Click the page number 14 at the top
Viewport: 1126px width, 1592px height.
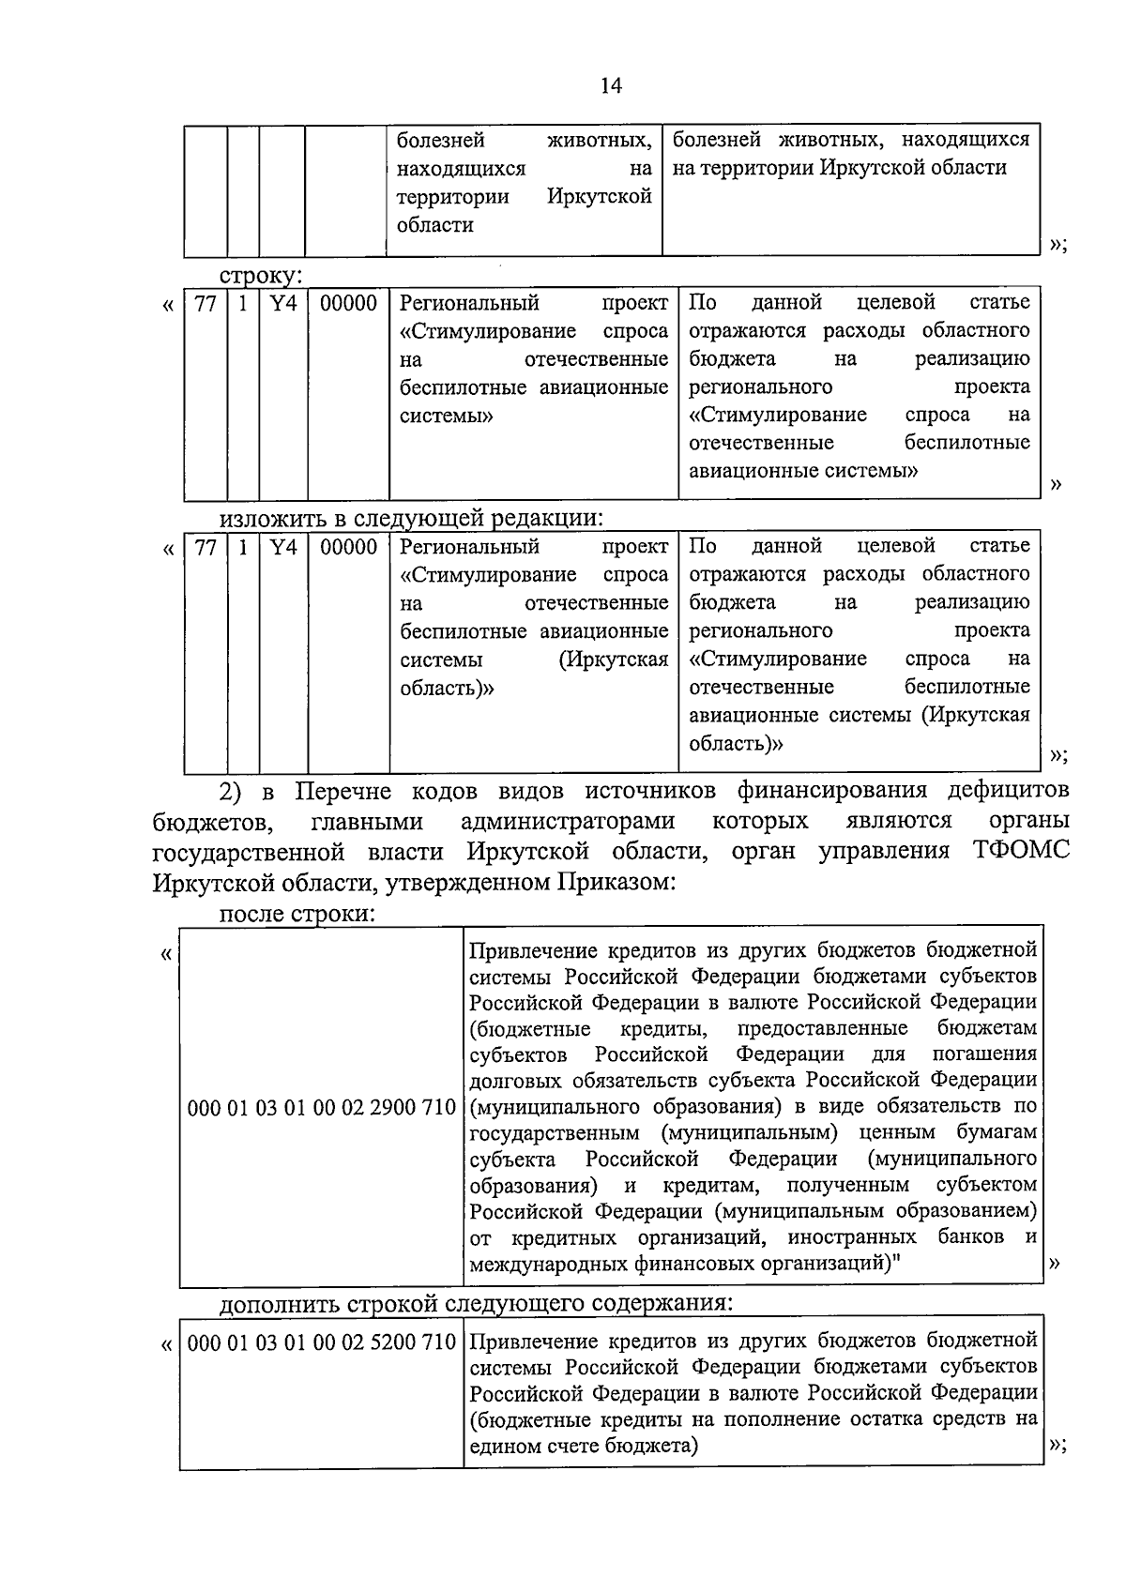611,86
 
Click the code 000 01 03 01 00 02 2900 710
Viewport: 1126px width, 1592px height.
322,1108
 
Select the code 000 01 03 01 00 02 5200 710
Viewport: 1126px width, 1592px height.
322,1342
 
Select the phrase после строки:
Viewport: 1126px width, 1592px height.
297,914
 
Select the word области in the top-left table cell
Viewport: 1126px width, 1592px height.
434,225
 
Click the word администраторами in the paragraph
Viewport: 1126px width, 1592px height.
568,821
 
